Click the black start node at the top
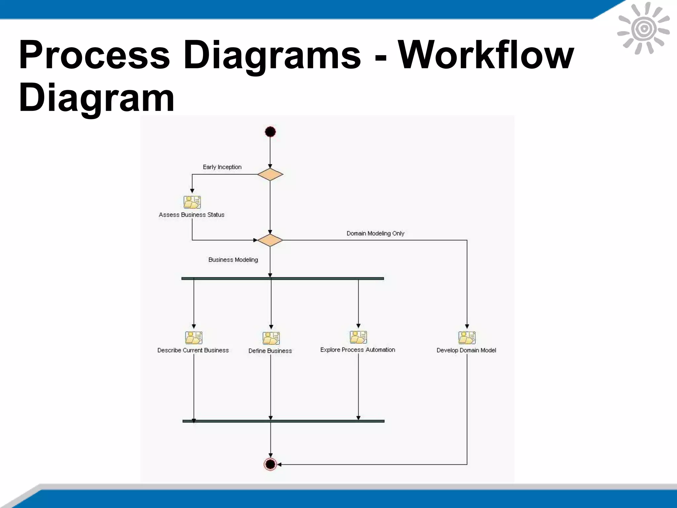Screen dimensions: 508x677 tap(270, 132)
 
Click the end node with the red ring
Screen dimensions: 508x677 tap(270, 464)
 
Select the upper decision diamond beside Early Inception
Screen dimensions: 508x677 tap(270, 174)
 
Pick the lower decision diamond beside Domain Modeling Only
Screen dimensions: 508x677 tap(270, 240)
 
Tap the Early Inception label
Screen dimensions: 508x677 tap(222, 167)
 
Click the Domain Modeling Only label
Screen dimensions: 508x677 tap(375, 233)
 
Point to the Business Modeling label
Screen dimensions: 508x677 tap(233, 260)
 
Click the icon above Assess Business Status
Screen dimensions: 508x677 tap(192, 202)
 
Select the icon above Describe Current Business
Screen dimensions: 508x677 tap(194, 338)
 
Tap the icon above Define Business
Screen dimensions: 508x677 tap(271, 338)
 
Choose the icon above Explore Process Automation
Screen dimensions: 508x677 tap(358, 337)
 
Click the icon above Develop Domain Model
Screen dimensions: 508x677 tap(467, 338)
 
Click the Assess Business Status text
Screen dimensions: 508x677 tap(191, 215)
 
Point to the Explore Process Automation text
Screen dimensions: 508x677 tap(358, 350)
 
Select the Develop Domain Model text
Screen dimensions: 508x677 tap(466, 351)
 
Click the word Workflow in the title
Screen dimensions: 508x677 tap(486, 55)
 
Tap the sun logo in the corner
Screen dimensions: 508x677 tap(643, 29)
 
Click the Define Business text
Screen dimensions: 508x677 tap(270, 351)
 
